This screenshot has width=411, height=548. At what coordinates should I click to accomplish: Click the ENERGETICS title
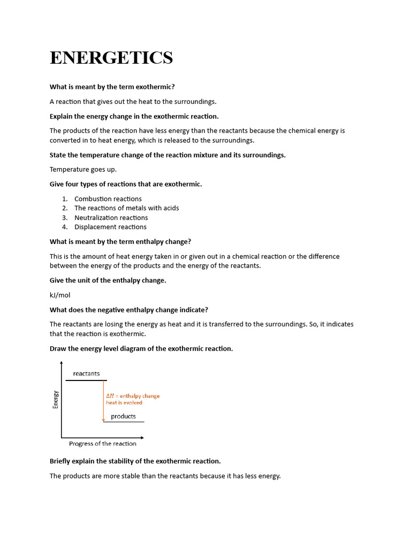(111, 57)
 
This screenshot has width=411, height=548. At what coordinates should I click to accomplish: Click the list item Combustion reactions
(108, 199)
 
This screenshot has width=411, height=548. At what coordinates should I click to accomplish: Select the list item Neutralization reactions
(111, 217)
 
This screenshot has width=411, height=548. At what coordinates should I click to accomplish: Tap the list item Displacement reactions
(110, 227)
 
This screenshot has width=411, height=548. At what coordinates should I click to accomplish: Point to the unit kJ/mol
(60, 295)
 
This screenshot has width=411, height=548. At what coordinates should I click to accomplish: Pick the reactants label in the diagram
(86, 374)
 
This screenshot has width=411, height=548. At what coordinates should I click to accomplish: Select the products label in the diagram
(123, 416)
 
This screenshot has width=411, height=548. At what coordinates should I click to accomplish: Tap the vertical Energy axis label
(55, 399)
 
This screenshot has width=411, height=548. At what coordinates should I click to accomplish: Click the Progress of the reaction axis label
(103, 444)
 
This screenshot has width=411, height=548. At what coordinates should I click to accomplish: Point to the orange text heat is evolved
(124, 402)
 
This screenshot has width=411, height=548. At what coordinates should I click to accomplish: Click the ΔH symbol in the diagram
(110, 396)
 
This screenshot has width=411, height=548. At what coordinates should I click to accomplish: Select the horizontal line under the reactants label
(86, 380)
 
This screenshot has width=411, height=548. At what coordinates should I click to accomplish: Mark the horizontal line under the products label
(124, 422)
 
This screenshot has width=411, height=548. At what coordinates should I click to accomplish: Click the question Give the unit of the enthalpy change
(108, 280)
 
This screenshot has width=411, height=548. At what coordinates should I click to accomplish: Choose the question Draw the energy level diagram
(141, 348)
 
